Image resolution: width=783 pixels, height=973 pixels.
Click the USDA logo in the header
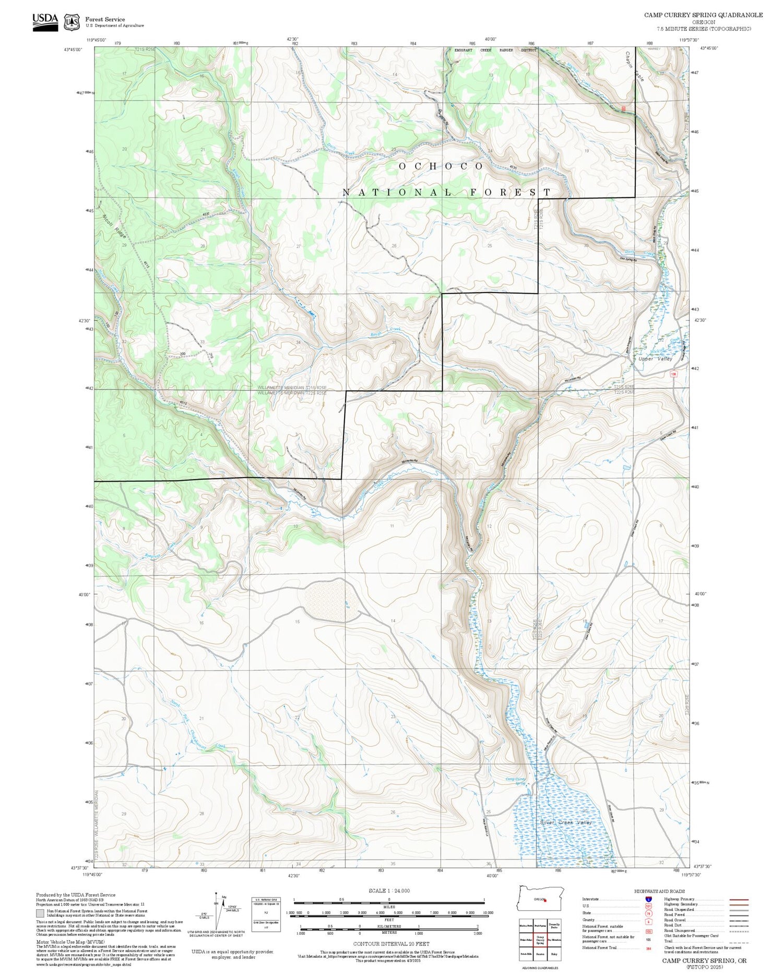(45, 22)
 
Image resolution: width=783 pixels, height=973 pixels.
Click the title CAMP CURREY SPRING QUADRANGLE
(703, 15)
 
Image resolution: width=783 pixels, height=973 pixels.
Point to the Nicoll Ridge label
(114, 226)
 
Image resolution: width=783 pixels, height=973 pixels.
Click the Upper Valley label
(655, 359)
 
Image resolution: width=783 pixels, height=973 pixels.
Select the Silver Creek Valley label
(566, 823)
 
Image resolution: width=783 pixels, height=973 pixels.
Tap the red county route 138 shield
(673, 374)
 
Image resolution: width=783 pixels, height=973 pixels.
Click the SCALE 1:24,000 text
(389, 891)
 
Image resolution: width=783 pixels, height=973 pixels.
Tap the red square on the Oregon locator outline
(544, 900)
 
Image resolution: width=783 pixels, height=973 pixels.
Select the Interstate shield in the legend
(649, 899)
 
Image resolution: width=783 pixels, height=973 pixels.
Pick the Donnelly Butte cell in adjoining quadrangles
(554, 925)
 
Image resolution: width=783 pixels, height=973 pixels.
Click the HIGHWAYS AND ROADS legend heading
(659, 891)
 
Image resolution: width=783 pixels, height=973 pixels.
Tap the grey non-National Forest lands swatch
(40, 913)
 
